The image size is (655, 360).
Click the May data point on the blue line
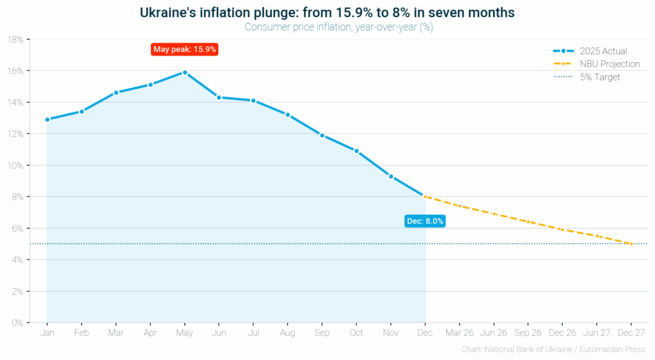click(185, 72)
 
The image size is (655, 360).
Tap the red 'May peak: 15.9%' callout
click(185, 49)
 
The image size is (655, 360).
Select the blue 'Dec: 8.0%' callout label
click(425, 221)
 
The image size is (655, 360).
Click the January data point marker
click(47, 120)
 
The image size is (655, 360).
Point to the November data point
click(391, 176)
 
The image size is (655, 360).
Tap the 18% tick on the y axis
click(15, 40)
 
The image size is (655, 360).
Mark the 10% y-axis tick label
click(15, 165)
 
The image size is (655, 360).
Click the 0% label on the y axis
click(17, 323)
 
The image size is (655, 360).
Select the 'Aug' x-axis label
click(287, 333)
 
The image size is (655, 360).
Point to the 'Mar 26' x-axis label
click(459, 333)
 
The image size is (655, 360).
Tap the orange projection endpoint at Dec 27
click(631, 244)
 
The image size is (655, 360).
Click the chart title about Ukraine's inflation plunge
click(327, 12)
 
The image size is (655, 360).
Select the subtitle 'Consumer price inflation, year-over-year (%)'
click(327, 27)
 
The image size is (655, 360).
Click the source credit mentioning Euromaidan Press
click(553, 350)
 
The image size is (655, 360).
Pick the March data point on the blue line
click(116, 93)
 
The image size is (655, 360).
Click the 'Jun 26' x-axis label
click(494, 333)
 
